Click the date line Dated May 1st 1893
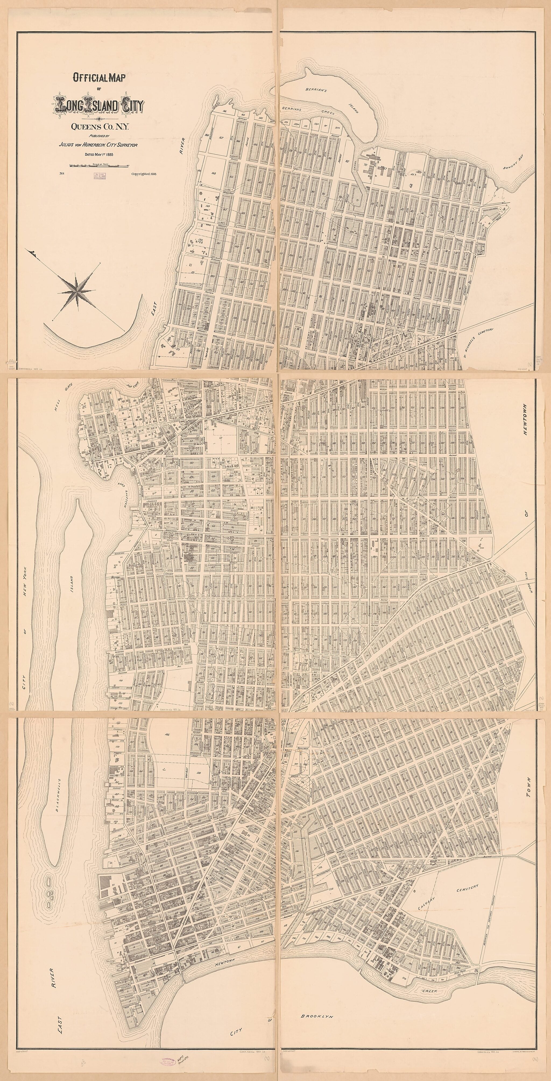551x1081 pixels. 99,154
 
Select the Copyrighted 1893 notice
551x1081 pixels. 144,173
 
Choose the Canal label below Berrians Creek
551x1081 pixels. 354,165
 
